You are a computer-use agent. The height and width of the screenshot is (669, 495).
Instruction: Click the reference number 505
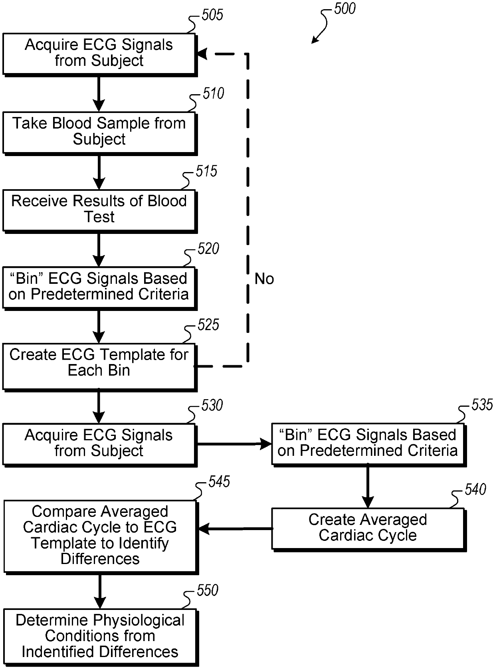click(212, 15)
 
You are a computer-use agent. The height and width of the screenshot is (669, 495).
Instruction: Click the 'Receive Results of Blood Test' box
click(99, 210)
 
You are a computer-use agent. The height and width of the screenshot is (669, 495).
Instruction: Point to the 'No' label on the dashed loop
click(264, 278)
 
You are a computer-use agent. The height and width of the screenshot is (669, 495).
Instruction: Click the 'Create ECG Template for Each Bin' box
click(99, 367)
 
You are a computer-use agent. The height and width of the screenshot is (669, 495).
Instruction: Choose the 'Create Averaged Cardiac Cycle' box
click(368, 529)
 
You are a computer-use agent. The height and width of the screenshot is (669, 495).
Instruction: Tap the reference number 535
click(482, 404)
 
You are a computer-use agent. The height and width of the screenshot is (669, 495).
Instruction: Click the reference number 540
click(475, 489)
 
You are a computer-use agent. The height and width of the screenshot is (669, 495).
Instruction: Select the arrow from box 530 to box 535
click(234, 444)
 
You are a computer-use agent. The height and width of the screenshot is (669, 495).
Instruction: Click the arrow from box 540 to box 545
click(235, 528)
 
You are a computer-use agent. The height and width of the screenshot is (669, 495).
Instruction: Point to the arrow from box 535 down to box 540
click(368, 487)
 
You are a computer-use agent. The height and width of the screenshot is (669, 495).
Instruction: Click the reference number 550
click(208, 590)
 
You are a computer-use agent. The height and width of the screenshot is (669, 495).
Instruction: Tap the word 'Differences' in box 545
click(100, 558)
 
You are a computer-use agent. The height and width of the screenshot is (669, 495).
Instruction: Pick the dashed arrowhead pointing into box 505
click(202, 54)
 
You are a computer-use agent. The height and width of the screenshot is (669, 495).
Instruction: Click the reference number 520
click(208, 249)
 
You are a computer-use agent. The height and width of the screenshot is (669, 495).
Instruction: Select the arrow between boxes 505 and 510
click(99, 94)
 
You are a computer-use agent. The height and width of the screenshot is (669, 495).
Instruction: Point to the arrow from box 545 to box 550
click(99, 592)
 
